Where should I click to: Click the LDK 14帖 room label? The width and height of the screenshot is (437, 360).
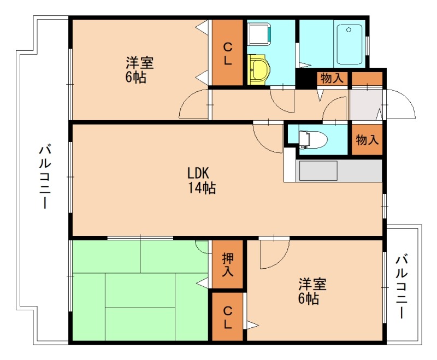[201, 180]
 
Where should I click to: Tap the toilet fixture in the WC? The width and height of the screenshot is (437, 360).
[312, 139]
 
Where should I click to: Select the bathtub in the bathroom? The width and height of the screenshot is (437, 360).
[350, 44]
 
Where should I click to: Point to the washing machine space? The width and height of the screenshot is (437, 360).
[259, 34]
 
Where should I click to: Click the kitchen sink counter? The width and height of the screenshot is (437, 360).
[339, 170]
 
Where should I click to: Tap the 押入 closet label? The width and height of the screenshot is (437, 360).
[228, 265]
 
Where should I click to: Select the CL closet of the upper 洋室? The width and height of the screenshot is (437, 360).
[227, 52]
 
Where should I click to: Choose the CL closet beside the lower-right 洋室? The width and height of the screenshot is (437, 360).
[227, 316]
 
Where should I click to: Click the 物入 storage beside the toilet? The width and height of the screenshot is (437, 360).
[367, 139]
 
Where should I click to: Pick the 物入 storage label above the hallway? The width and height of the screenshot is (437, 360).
[332, 78]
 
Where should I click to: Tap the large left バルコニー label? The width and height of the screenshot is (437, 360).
[45, 176]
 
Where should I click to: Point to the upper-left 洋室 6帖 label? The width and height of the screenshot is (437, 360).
[139, 70]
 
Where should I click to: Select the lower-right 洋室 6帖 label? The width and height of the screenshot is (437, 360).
[312, 291]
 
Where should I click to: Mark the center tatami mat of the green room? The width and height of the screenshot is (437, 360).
[140, 291]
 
